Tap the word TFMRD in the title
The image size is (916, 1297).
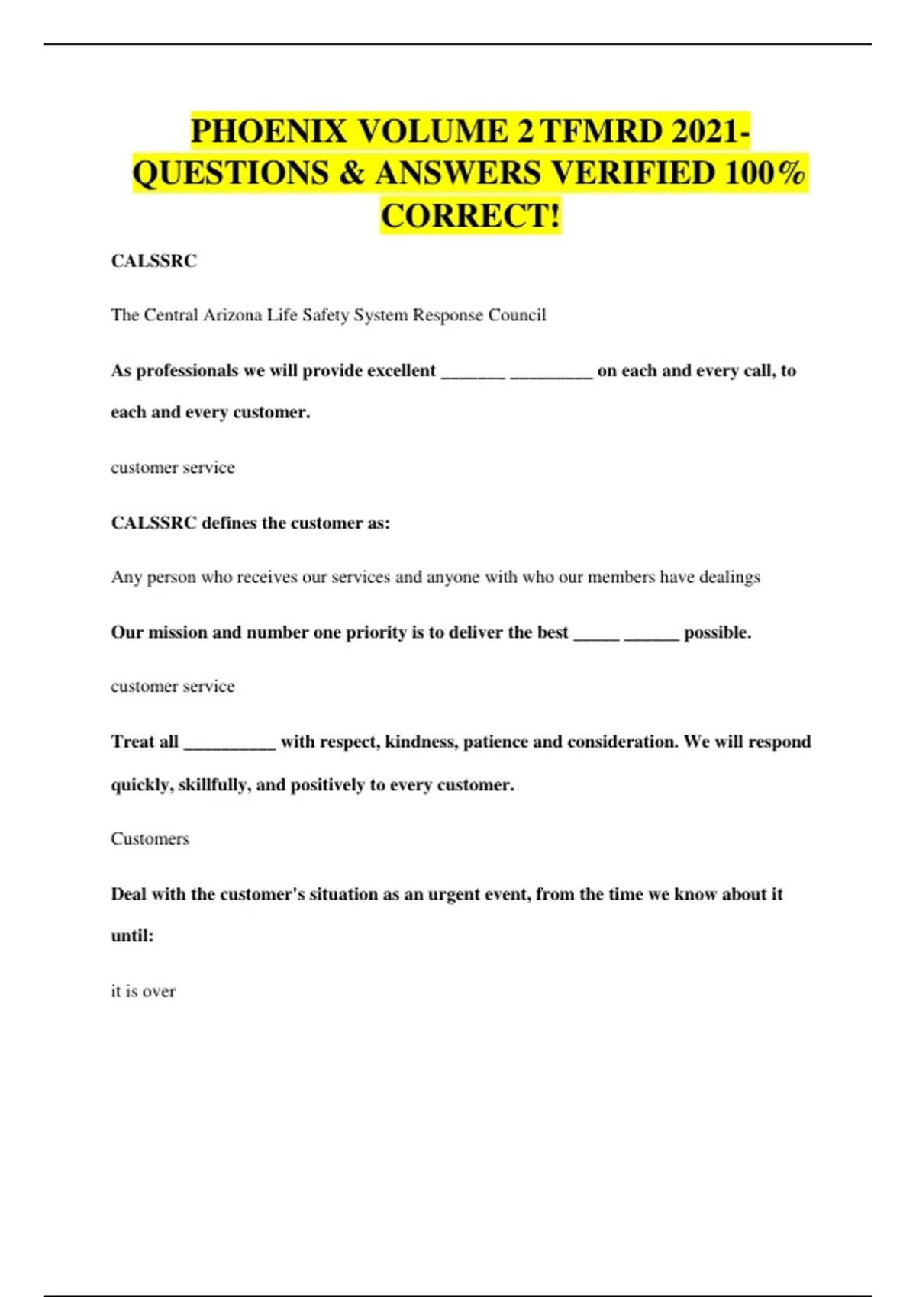(x=602, y=131)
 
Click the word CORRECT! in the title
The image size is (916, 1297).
(x=470, y=216)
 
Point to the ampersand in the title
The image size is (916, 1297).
(x=351, y=173)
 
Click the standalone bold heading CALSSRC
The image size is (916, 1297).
(x=153, y=261)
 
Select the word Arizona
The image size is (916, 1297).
(x=232, y=315)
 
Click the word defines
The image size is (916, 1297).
(x=229, y=523)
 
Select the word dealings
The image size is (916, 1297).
(x=729, y=577)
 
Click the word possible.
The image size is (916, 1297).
(x=718, y=632)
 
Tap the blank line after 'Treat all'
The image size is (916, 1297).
(x=230, y=744)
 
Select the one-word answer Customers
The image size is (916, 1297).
(x=150, y=838)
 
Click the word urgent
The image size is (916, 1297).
(x=458, y=894)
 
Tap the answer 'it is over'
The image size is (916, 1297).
(x=143, y=991)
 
